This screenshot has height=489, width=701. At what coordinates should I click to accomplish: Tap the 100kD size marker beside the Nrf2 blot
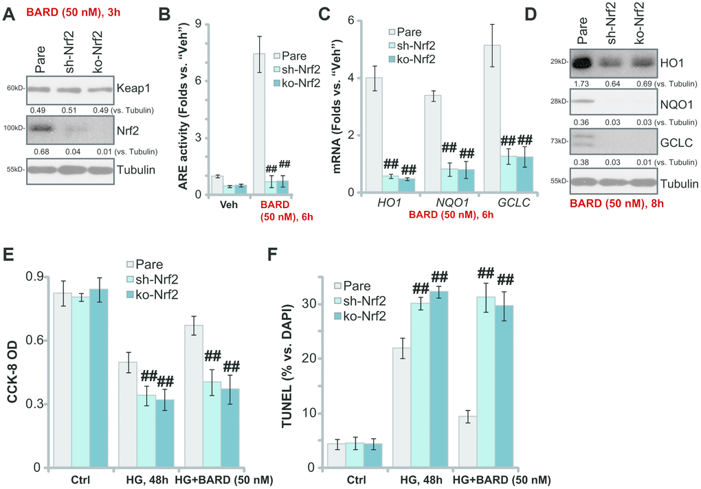point(15,128)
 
